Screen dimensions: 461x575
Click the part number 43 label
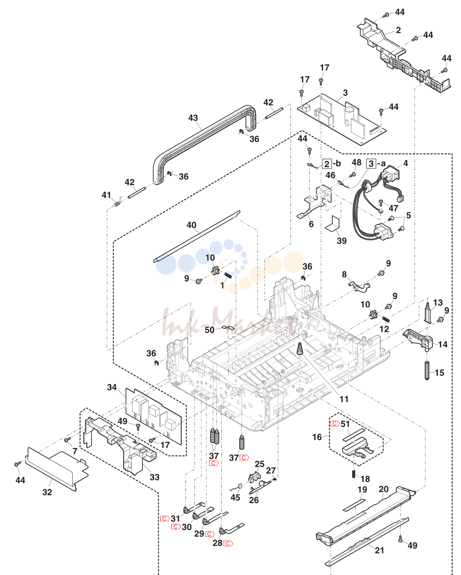tap(193, 118)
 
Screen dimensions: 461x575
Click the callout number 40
tap(192, 225)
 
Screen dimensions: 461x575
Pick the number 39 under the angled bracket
tap(342, 241)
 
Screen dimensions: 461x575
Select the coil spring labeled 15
tap(427, 370)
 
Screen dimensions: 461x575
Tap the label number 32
tap(47, 492)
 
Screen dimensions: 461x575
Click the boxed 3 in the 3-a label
tap(371, 164)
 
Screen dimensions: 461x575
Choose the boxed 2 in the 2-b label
tap(327, 164)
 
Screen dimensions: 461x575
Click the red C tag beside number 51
tap(335, 423)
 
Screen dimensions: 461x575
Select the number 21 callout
tap(379, 550)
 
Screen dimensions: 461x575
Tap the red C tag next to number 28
tap(228, 543)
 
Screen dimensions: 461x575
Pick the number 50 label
tap(210, 330)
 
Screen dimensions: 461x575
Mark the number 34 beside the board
tap(112, 387)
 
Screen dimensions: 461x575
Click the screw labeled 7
tap(67, 440)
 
